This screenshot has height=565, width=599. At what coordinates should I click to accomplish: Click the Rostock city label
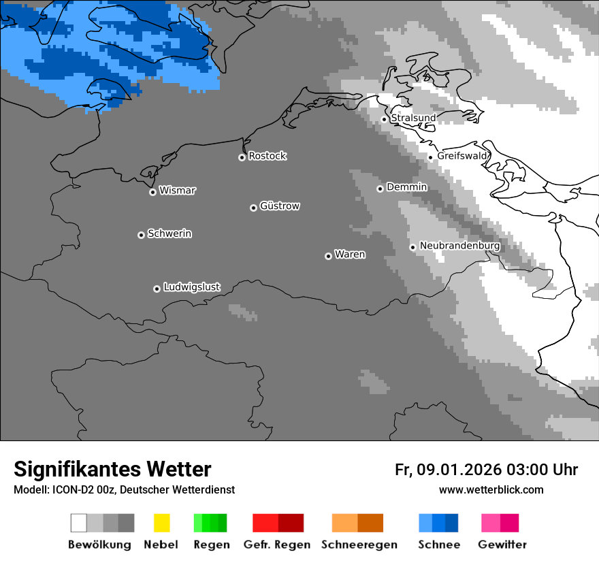(x=267, y=156)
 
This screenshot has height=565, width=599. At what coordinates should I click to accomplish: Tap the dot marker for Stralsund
(x=384, y=119)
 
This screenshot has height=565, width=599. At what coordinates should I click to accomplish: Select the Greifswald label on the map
(x=462, y=156)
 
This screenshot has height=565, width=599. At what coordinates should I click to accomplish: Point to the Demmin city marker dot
(x=380, y=189)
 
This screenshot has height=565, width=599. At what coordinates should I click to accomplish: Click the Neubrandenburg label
(x=459, y=246)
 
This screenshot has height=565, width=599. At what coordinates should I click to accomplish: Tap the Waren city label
(x=350, y=255)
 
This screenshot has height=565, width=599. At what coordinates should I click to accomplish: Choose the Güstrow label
(x=280, y=206)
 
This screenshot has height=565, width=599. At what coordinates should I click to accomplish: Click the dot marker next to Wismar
(x=152, y=192)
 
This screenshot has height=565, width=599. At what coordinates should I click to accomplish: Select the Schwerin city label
(x=169, y=233)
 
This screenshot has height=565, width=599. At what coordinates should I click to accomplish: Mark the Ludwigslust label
(x=191, y=287)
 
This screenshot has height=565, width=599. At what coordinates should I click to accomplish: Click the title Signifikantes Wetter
(x=112, y=469)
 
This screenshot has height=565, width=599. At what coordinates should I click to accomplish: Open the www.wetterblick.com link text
(x=491, y=489)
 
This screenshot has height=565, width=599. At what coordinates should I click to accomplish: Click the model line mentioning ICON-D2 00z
(x=124, y=489)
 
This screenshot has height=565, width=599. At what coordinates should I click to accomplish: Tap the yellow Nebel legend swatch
(x=161, y=523)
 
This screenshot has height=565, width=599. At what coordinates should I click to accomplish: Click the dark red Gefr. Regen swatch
(x=291, y=523)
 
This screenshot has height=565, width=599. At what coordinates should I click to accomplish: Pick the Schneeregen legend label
(x=359, y=545)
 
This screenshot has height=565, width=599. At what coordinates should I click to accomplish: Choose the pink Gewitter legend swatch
(x=491, y=523)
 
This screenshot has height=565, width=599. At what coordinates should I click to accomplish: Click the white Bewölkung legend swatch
(x=79, y=523)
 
